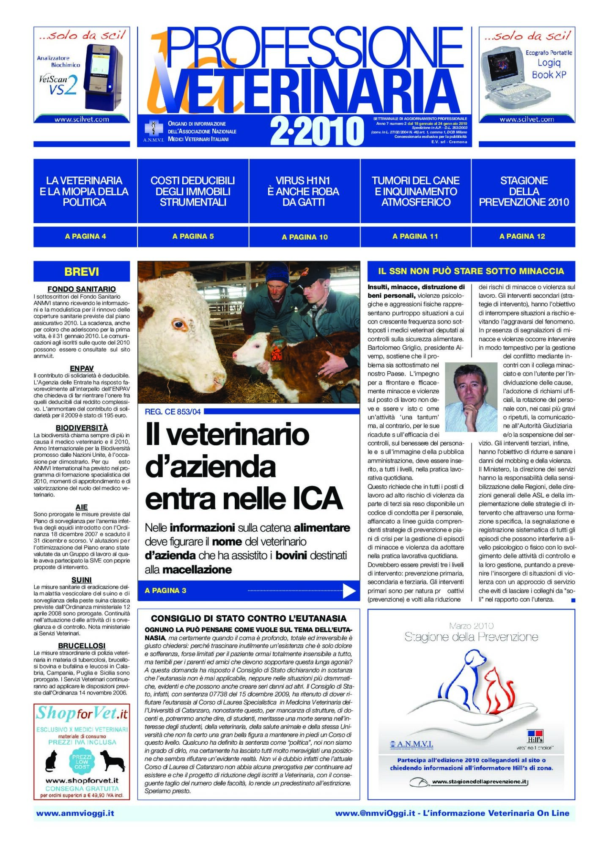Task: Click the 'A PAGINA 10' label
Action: pos(304,237)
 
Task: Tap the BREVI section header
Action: pos(82,271)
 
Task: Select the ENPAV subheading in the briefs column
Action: pos(82,368)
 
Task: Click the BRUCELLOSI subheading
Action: pos(82,646)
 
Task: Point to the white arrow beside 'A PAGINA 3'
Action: pos(349,591)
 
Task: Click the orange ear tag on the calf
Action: pos(276,355)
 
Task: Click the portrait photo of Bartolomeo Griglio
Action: pos(471,397)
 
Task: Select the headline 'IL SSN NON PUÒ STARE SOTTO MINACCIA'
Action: pos(471,271)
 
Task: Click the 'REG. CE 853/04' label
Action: pos(173,411)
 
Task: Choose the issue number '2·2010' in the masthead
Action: pos(316,131)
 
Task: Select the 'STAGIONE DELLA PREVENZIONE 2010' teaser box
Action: pos(524,191)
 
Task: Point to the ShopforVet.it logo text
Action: pos(82,714)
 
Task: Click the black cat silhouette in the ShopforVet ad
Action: pos(52,761)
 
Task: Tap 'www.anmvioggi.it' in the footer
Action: pos(75,813)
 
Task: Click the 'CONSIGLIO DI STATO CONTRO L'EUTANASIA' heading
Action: pos(249,618)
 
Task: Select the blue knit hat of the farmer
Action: pos(277,271)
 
